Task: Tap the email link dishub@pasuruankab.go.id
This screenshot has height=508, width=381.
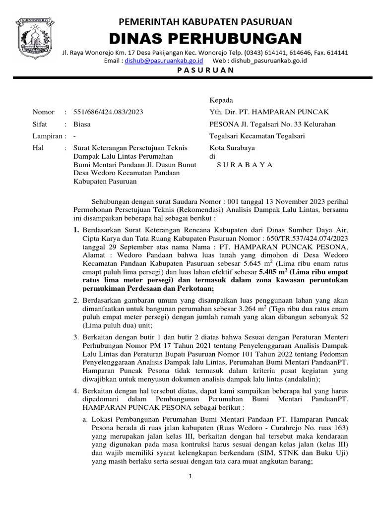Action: point(164,61)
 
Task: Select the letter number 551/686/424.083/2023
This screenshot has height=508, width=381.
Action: point(108,112)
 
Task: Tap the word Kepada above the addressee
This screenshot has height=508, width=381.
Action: point(221,100)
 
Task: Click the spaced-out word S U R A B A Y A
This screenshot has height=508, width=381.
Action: point(245,165)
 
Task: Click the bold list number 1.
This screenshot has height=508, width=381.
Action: point(76,230)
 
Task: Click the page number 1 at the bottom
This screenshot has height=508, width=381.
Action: point(190,477)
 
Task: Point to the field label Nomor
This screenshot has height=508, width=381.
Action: point(43,112)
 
